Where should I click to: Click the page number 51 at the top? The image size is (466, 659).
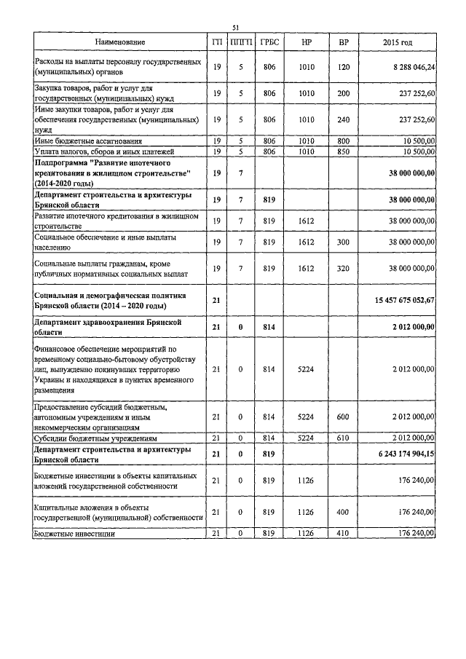[x=235, y=28]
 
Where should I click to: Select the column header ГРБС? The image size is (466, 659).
[x=269, y=43]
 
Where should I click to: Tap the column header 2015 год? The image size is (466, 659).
[x=397, y=43]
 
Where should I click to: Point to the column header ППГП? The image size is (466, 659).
[x=241, y=43]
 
